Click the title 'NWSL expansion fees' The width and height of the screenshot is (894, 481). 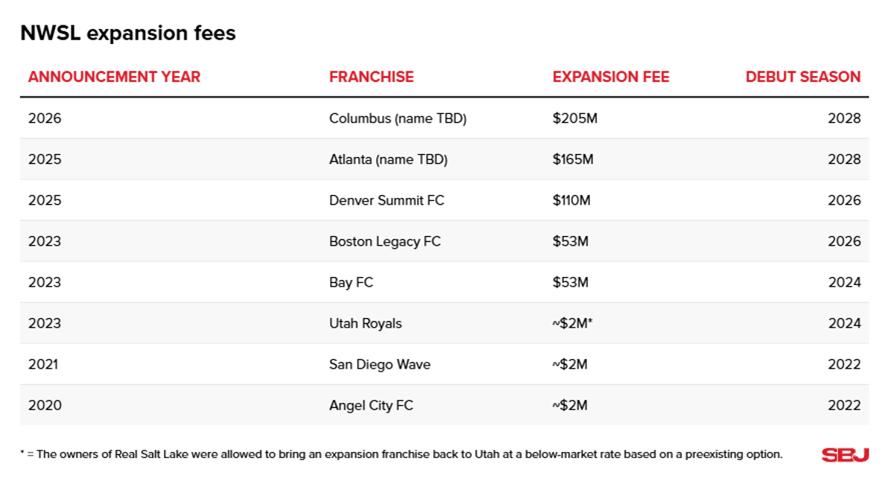127,34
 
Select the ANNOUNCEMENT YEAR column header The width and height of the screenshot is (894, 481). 114,77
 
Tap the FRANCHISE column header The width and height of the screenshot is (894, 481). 371,77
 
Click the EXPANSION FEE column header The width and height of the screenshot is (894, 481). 611,77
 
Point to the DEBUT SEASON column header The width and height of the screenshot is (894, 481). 802,77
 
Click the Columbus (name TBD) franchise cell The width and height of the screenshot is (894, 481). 397,118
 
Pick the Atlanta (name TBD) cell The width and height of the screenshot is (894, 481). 388,159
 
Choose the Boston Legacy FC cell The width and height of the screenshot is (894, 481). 384,241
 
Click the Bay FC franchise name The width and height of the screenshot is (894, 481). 351,282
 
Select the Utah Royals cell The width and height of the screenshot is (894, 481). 365,323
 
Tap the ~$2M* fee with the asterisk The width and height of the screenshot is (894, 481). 572,323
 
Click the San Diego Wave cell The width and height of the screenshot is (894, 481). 379,364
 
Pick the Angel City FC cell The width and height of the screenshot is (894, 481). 371,405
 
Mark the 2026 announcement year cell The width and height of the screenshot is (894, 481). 45,118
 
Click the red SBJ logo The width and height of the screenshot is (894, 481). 845,455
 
